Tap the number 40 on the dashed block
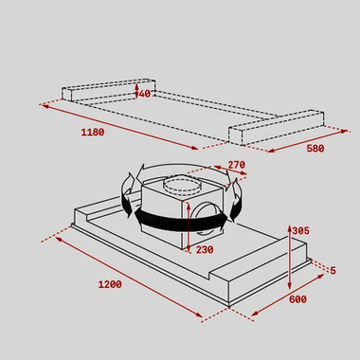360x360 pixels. click(144, 94)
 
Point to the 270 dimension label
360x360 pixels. click(236, 165)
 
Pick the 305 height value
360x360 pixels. click(300, 230)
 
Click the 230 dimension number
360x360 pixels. click(204, 250)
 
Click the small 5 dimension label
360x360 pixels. click(332, 270)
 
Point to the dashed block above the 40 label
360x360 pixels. click(109, 88)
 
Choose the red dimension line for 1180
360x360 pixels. click(118, 126)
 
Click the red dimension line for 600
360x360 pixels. click(289, 297)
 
